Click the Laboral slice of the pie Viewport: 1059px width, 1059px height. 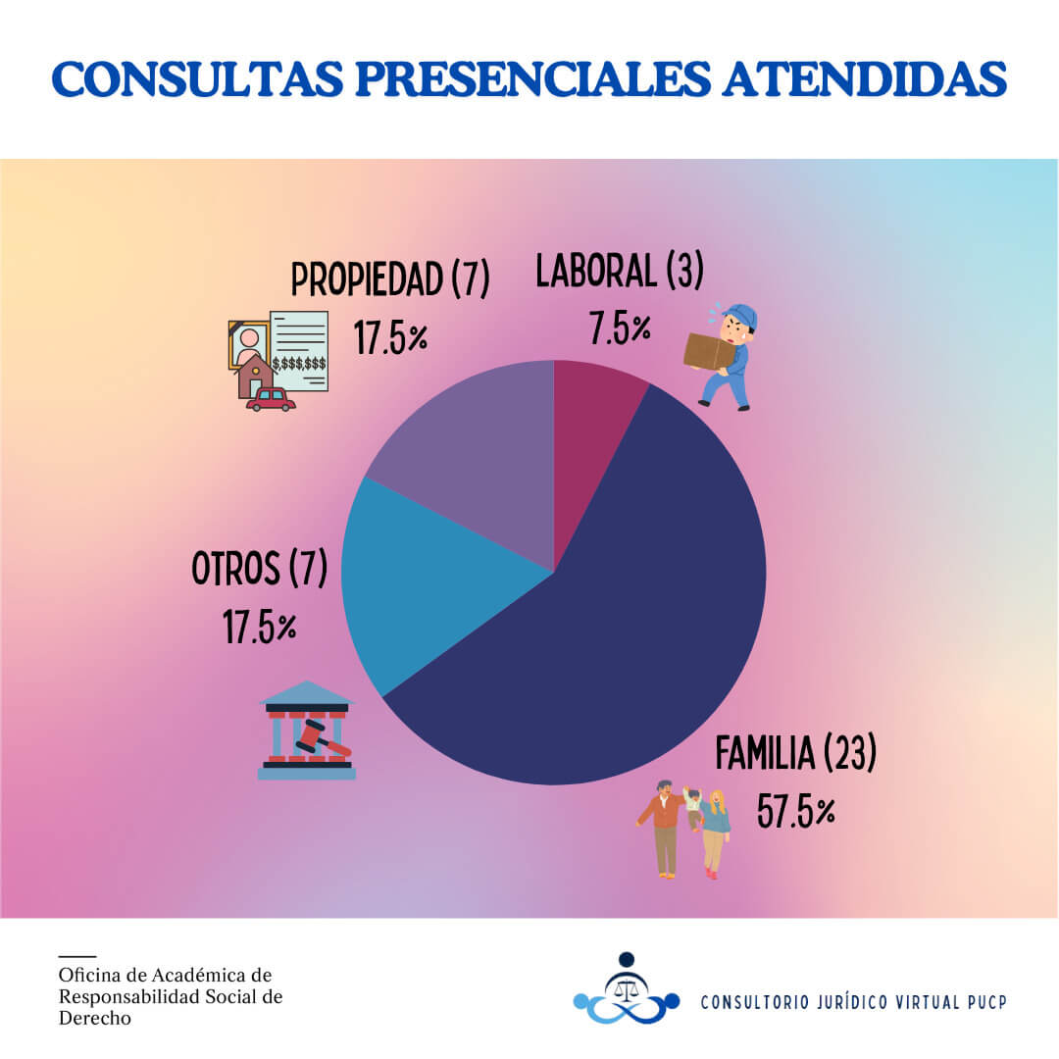[592, 431]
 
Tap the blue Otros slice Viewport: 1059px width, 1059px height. [431, 588]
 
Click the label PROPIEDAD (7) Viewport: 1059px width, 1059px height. [390, 279]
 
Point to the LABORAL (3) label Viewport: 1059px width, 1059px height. [620, 272]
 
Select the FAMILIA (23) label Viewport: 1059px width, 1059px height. [795, 754]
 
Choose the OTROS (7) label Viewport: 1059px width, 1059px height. [259, 570]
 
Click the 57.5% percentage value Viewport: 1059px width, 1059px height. [796, 813]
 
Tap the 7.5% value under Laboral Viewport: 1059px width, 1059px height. [620, 329]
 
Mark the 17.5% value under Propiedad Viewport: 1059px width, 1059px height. [390, 337]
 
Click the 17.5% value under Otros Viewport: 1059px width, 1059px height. [259, 628]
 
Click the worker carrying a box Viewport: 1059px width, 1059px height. [723, 355]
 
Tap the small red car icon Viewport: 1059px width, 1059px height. [271, 399]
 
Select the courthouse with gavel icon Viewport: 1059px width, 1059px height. [306, 731]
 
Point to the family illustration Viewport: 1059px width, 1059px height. [683, 828]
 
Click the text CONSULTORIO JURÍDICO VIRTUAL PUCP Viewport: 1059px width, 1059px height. [853, 1002]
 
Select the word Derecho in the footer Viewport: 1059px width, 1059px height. [95, 1019]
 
